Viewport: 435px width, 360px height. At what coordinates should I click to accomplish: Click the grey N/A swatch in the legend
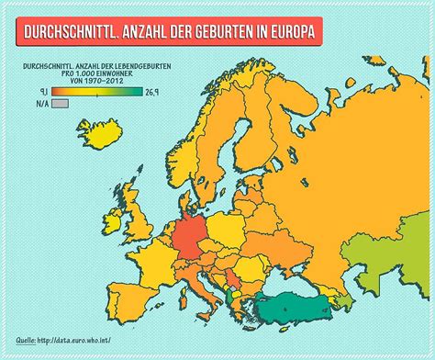click(61, 106)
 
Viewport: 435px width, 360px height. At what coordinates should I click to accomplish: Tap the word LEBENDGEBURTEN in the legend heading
click(137, 66)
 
